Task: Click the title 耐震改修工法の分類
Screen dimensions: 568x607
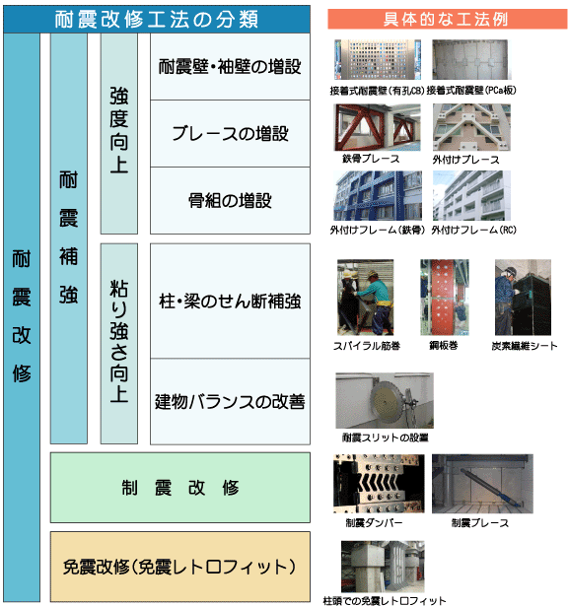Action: coord(156,19)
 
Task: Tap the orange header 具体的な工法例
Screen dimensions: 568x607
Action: coord(447,19)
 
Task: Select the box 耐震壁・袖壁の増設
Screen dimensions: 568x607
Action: coord(230,67)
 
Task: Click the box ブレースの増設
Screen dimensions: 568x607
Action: coord(230,134)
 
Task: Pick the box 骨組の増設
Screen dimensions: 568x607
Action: coord(230,201)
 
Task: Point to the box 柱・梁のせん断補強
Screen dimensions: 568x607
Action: coord(230,301)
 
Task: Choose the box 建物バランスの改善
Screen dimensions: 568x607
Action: coord(230,401)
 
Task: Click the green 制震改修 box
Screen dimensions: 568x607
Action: coord(180,488)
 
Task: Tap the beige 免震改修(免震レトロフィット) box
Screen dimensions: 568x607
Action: coord(180,567)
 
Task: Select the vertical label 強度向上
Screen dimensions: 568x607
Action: coord(119,134)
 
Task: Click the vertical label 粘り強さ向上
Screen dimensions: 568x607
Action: coord(119,343)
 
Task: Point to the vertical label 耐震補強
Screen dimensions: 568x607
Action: coord(69,238)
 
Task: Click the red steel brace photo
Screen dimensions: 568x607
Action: coord(378,127)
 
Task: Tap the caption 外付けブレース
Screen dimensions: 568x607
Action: coord(466,160)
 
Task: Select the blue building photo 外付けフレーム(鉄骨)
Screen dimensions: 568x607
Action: coord(378,195)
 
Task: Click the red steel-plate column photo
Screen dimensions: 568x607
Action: coord(445,298)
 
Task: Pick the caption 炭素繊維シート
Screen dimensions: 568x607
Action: coord(525,346)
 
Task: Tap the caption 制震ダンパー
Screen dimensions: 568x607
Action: coord(374,523)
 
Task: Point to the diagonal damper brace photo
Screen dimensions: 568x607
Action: coord(482,484)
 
